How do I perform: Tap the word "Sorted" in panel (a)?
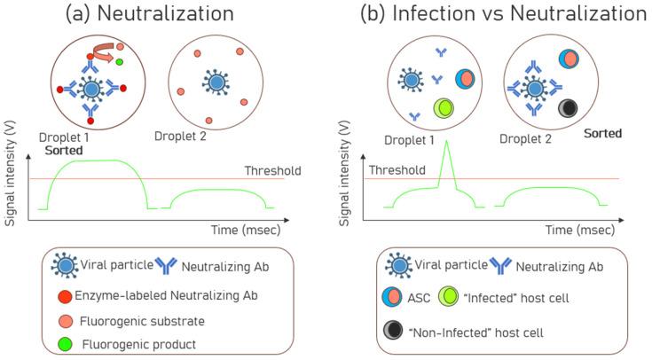point(59,152)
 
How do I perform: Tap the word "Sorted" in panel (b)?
point(602,133)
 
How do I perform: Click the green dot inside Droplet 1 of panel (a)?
point(119,62)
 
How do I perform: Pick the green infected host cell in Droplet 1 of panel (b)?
point(446,109)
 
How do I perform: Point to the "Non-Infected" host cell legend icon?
point(396,331)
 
